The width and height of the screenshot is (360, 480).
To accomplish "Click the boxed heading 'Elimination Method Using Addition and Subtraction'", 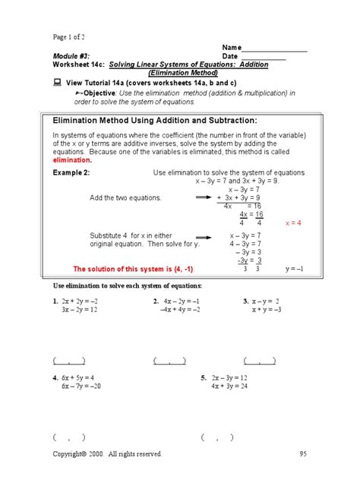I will tap(155, 121).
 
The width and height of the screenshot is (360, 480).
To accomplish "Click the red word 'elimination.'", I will tap(73, 160).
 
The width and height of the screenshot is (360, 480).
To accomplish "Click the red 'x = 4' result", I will tap(292, 223).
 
